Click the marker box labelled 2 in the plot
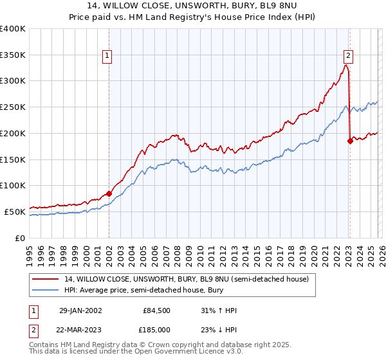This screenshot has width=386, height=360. point(348,56)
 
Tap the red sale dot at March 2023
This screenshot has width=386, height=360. point(350,140)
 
